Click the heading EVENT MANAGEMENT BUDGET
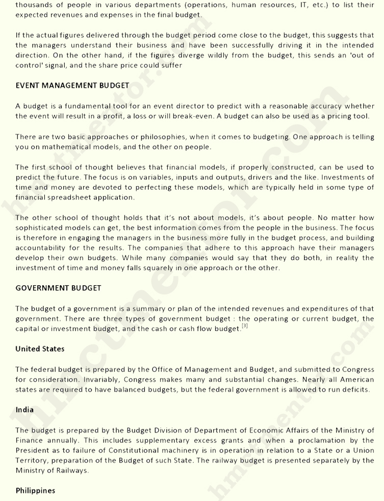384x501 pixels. click(x=72, y=86)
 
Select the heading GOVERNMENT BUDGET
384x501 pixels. click(x=58, y=288)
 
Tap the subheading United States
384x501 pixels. click(x=40, y=349)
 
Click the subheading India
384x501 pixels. click(x=24, y=410)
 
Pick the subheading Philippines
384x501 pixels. click(x=35, y=491)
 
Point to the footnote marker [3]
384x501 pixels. click(x=245, y=327)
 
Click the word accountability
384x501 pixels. click(x=41, y=248)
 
